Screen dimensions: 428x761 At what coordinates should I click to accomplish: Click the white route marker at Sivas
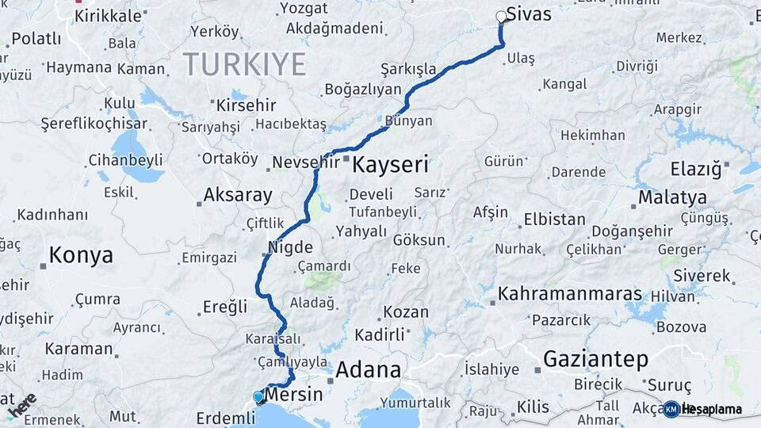point(501,17)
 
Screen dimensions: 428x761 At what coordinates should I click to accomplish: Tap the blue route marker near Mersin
point(258,396)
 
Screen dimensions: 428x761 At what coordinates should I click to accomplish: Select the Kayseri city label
point(390,165)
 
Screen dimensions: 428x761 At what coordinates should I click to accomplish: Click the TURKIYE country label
point(244,64)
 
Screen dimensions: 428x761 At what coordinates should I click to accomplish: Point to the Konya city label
point(80,255)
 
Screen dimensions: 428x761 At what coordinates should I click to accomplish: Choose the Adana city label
point(368,370)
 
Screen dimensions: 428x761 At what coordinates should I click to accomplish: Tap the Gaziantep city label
point(595,359)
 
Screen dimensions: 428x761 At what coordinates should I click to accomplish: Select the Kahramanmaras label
point(569,294)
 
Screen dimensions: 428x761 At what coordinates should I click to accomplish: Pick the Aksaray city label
point(238,194)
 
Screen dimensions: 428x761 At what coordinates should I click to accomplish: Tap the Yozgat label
point(304,9)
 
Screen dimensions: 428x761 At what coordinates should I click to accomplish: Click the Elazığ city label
point(696,168)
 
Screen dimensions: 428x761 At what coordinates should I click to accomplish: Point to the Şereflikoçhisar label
point(94,124)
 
